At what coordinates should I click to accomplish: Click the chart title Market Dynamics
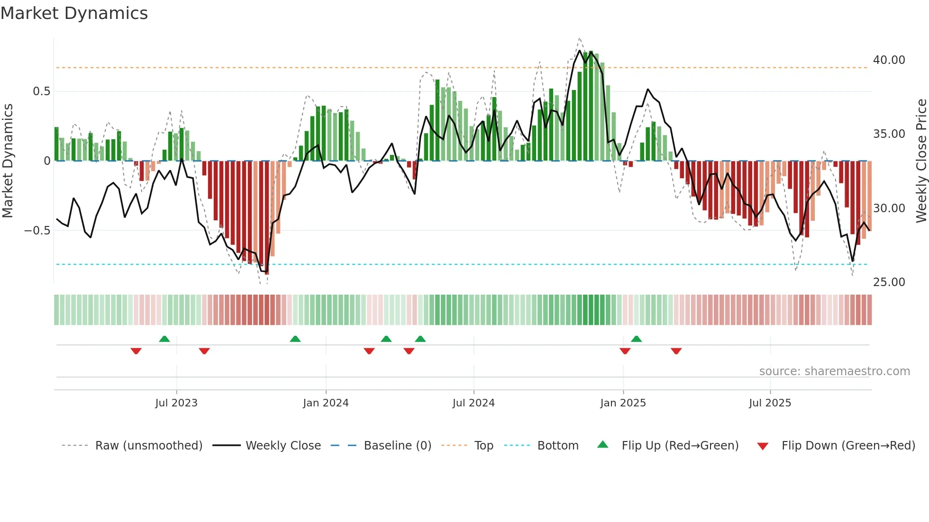74,13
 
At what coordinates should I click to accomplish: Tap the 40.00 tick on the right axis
889,60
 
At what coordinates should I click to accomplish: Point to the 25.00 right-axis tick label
889,282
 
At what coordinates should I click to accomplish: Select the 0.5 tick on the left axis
41,91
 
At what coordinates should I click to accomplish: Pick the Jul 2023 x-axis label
176,403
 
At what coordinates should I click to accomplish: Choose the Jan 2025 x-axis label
623,403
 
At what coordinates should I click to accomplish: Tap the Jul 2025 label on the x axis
770,403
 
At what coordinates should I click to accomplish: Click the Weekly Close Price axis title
921,161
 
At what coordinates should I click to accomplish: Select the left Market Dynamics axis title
8,161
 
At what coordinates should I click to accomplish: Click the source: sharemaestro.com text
834,371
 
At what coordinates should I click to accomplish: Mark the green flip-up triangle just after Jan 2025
637,339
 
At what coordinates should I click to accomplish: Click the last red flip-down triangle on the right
676,351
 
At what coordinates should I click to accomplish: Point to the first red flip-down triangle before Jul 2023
136,351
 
